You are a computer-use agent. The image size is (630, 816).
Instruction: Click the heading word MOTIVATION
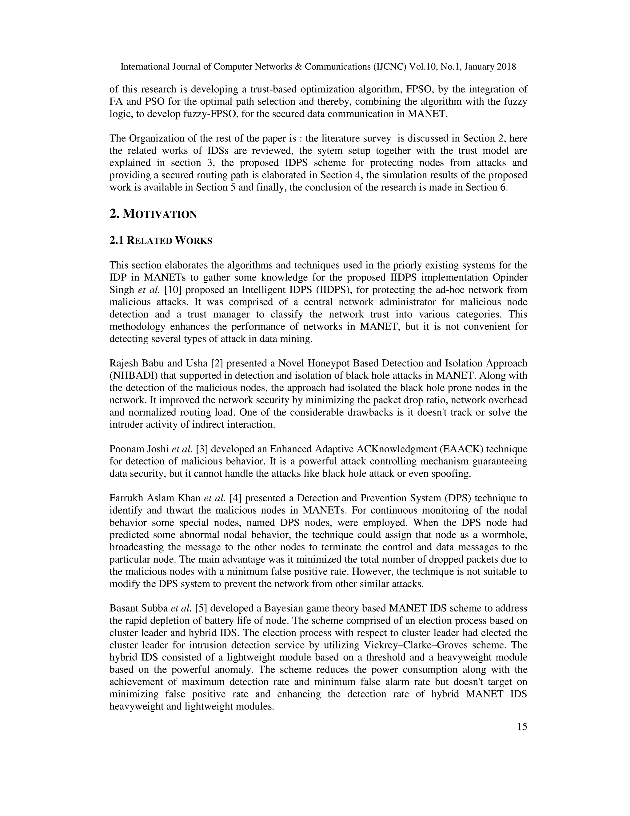click(160, 214)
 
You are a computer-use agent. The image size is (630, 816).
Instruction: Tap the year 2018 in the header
click(506, 67)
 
